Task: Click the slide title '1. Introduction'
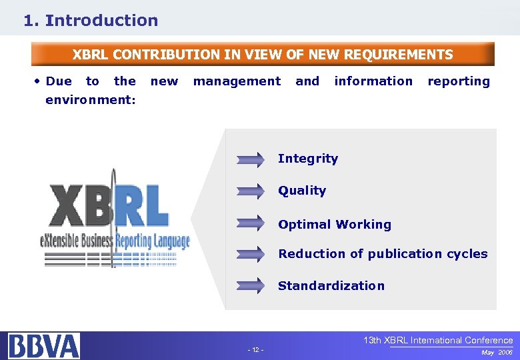[x=91, y=21]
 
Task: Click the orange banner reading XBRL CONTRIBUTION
[x=263, y=55]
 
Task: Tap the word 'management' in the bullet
[x=237, y=81]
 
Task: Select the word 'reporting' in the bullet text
[x=458, y=81]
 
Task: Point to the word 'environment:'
[x=91, y=100]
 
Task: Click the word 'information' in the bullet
[x=373, y=81]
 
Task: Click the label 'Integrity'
[x=307, y=159]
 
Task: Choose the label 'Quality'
[x=302, y=191]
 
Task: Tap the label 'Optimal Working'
[x=335, y=225]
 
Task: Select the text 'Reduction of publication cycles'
[x=383, y=254]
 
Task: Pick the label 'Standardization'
[x=331, y=286]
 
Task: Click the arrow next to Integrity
[x=251, y=159]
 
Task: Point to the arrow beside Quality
[x=251, y=191]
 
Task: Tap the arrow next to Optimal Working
[x=251, y=223]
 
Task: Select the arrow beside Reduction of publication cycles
[x=251, y=254]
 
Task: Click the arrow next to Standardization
[x=251, y=286]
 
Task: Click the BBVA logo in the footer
[x=44, y=346]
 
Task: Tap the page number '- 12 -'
[x=255, y=350]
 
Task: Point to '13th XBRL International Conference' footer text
[x=438, y=341]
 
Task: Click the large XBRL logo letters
[x=108, y=207]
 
